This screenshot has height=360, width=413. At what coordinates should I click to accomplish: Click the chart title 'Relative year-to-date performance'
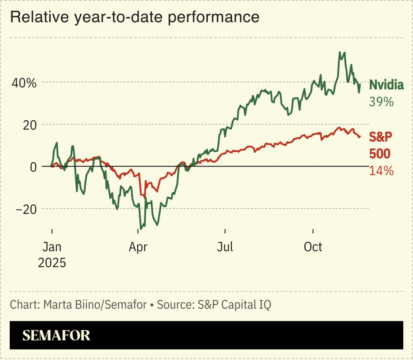click(x=134, y=17)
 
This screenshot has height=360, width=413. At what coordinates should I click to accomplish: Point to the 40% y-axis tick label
click(x=24, y=83)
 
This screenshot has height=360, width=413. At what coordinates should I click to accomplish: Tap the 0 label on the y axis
click(x=33, y=167)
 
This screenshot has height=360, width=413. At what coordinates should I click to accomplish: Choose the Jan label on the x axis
click(x=52, y=247)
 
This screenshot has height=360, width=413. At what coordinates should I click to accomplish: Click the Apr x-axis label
click(x=138, y=247)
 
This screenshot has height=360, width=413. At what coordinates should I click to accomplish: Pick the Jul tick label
click(x=225, y=247)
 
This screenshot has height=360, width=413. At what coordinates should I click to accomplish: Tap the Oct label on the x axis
click(x=313, y=247)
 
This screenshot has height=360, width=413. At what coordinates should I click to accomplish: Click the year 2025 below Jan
click(x=52, y=263)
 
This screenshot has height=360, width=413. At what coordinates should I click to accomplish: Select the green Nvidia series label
click(x=386, y=85)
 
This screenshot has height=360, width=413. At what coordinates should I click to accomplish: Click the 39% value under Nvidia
click(x=381, y=102)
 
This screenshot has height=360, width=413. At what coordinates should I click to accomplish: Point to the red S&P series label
click(x=381, y=137)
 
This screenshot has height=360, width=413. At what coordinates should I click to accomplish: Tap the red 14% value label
click(x=381, y=171)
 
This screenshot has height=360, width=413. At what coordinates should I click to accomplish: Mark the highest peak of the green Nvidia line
click(x=340, y=52)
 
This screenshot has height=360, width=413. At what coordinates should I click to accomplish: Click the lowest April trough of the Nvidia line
click(x=141, y=228)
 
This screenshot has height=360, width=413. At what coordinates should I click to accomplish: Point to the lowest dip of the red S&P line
click(x=144, y=198)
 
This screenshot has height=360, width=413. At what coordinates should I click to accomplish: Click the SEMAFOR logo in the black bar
click(x=56, y=335)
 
